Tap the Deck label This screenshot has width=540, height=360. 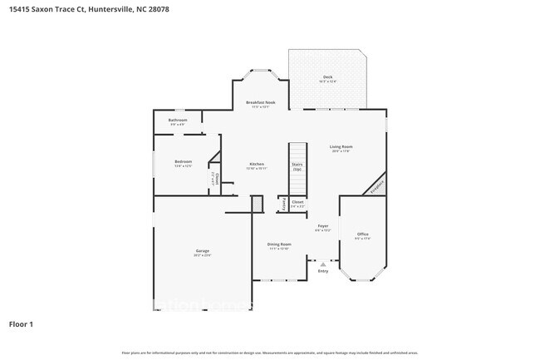click(x=328, y=79)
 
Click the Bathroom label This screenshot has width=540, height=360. click(x=178, y=121)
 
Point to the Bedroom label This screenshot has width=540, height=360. click(x=183, y=162)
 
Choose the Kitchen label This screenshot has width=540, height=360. click(x=257, y=165)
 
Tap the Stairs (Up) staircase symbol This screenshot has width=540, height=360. click(x=297, y=166)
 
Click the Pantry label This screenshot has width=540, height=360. click(x=283, y=202)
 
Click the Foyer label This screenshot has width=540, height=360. click(x=323, y=227)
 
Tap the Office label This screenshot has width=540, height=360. click(x=362, y=235)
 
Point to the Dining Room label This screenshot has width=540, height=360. click(x=278, y=245)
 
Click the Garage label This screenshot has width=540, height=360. click(x=202, y=253)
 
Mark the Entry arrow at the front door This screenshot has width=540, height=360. click(x=323, y=265)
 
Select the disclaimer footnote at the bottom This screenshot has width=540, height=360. click(x=269, y=353)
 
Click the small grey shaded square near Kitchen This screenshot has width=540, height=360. click(x=257, y=203)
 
